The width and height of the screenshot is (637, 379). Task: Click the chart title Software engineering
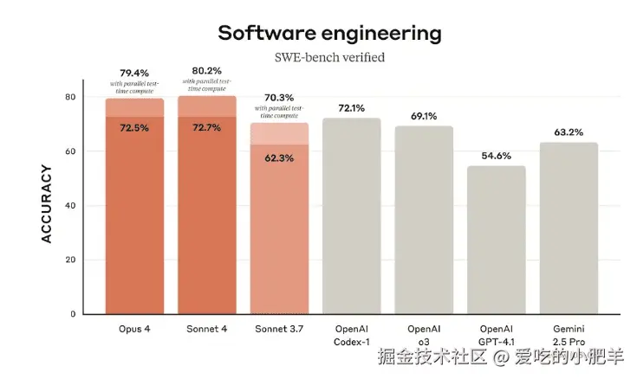(x=328, y=34)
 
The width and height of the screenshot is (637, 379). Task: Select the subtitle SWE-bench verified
(x=328, y=57)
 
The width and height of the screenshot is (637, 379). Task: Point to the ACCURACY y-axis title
(x=48, y=205)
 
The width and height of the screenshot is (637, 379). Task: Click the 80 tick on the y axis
(x=70, y=97)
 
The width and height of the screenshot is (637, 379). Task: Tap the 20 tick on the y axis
(x=70, y=260)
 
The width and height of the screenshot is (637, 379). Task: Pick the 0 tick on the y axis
(x=73, y=314)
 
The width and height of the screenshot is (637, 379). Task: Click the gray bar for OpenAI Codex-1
(x=351, y=216)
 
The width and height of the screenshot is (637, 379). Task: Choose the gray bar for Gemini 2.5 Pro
(x=569, y=228)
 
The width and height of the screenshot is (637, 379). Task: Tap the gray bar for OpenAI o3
(x=424, y=220)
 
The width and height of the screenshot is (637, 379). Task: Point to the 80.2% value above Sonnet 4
(x=206, y=71)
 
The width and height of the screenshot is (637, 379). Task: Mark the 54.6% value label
(x=496, y=155)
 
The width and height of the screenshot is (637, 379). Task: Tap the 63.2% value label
(x=569, y=132)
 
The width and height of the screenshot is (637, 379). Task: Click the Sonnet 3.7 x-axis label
(x=279, y=329)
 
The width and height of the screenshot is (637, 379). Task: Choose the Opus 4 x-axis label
(x=134, y=329)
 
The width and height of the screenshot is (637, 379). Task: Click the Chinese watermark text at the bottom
(x=500, y=356)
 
